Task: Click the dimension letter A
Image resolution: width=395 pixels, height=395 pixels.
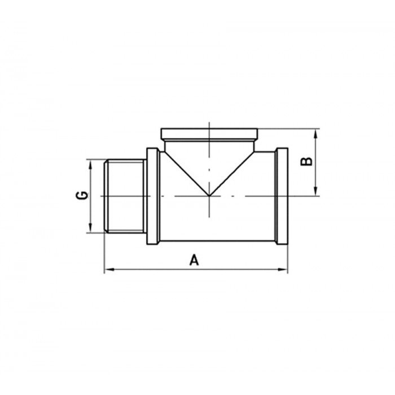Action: (x=194, y=260)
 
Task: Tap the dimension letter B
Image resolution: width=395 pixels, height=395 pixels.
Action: (x=306, y=161)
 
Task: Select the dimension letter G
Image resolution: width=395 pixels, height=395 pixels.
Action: (x=82, y=195)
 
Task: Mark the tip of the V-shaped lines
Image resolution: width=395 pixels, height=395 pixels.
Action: (x=209, y=196)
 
